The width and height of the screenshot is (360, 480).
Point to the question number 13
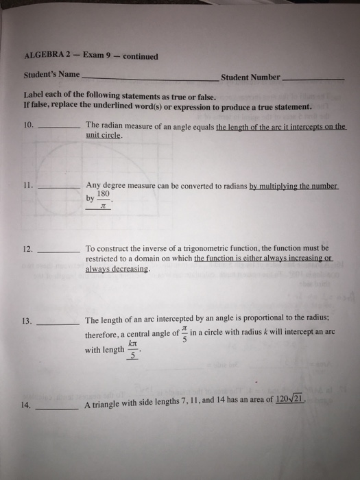(x=27, y=320)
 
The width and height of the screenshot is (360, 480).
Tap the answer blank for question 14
(x=58, y=407)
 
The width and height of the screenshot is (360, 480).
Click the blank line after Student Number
(x=313, y=80)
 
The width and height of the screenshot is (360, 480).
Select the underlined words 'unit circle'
(x=104, y=136)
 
